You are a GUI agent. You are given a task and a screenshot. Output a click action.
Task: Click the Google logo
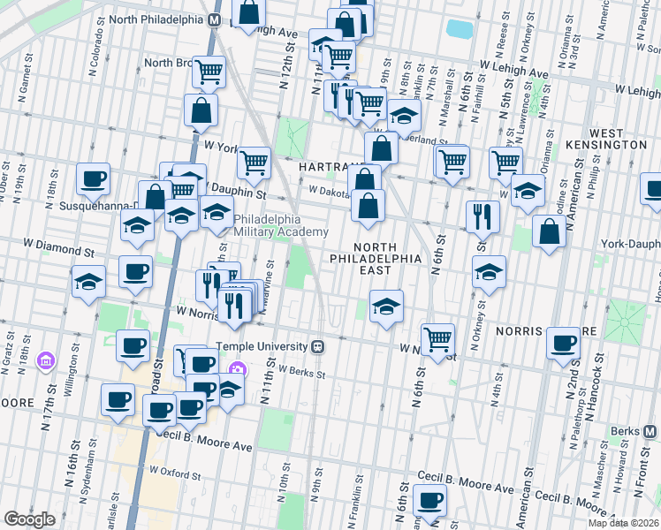coord(29,519)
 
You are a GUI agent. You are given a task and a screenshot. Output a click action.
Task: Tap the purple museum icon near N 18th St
coord(44,360)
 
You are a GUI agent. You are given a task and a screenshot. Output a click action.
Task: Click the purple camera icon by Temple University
coord(236,369)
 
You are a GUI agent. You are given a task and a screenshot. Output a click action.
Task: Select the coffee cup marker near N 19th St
coord(93,179)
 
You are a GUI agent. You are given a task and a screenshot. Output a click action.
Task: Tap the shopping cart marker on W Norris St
coord(437,338)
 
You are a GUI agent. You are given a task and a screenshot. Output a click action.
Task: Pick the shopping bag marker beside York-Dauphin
coord(549,231)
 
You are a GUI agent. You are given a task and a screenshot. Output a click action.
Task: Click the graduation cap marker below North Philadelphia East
coord(386,307)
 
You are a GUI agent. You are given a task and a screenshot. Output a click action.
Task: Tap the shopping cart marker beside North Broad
coord(209,72)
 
